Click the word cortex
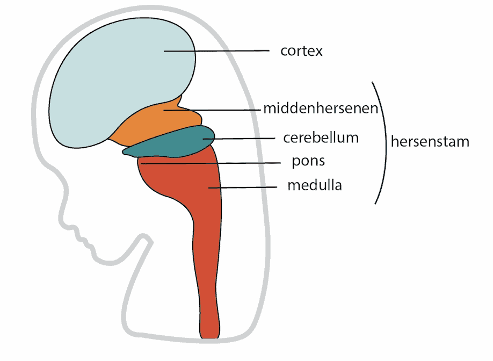(x=301, y=51)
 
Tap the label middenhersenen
(x=321, y=108)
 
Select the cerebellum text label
(x=321, y=138)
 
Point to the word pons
(x=308, y=162)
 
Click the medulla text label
(x=314, y=185)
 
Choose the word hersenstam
(x=430, y=141)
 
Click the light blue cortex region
(x=119, y=78)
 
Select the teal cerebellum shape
(x=170, y=143)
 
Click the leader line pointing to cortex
(x=217, y=50)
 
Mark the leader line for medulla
(x=243, y=187)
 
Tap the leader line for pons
(x=211, y=163)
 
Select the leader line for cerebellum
(x=239, y=139)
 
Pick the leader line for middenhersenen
(x=212, y=110)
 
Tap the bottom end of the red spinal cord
(x=210, y=338)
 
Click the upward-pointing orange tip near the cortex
(x=180, y=96)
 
